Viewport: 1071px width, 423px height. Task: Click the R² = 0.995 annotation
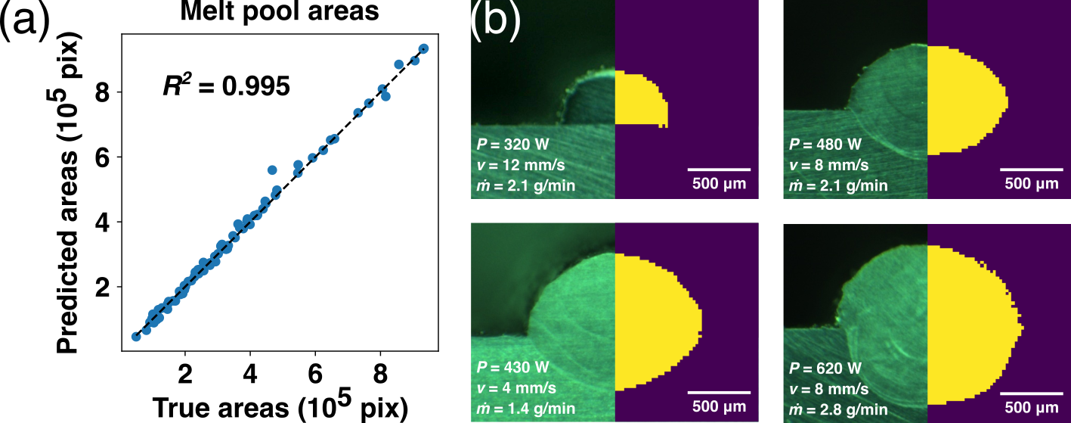pyautogui.click(x=226, y=86)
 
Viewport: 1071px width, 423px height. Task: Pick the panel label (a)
pyautogui.click(x=26, y=23)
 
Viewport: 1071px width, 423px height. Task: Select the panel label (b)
pyautogui.click(x=495, y=23)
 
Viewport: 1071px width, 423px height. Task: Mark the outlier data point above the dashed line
pyautogui.click(x=272, y=170)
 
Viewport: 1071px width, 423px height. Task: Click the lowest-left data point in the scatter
pyautogui.click(x=136, y=336)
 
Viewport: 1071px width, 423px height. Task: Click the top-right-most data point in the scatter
pyautogui.click(x=423, y=48)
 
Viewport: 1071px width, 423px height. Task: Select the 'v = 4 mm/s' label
pyautogui.click(x=514, y=389)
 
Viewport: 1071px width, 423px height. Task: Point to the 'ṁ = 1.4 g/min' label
pyautogui.click(x=525, y=409)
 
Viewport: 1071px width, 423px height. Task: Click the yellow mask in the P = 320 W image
pyautogui.click(x=639, y=98)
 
